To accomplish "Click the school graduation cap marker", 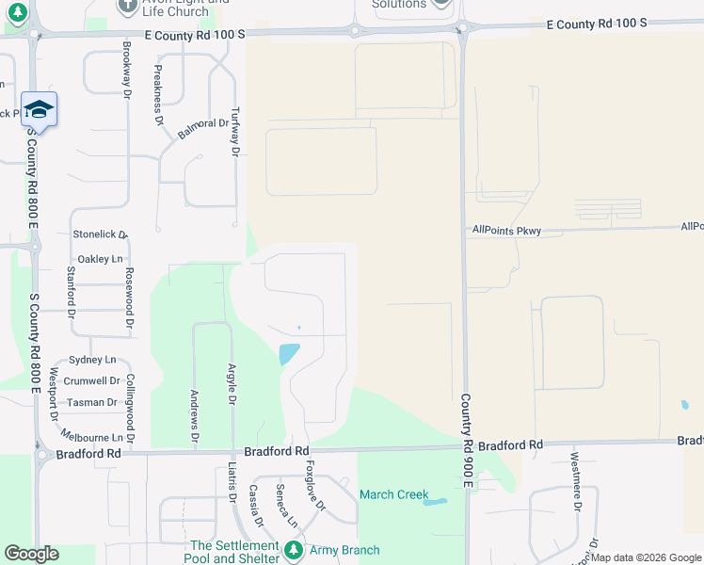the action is point(39,109).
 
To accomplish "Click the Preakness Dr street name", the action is point(157,95).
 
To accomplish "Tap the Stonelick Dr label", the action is point(99,234).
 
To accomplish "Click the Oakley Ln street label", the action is point(101,259).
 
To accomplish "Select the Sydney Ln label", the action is point(91,360).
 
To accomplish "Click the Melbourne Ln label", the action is point(91,438).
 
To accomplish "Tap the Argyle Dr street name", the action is point(232,384).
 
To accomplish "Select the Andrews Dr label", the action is point(194,416).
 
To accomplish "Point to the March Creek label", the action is point(393,494).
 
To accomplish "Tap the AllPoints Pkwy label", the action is point(506,230).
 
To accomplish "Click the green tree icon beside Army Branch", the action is point(294,549).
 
